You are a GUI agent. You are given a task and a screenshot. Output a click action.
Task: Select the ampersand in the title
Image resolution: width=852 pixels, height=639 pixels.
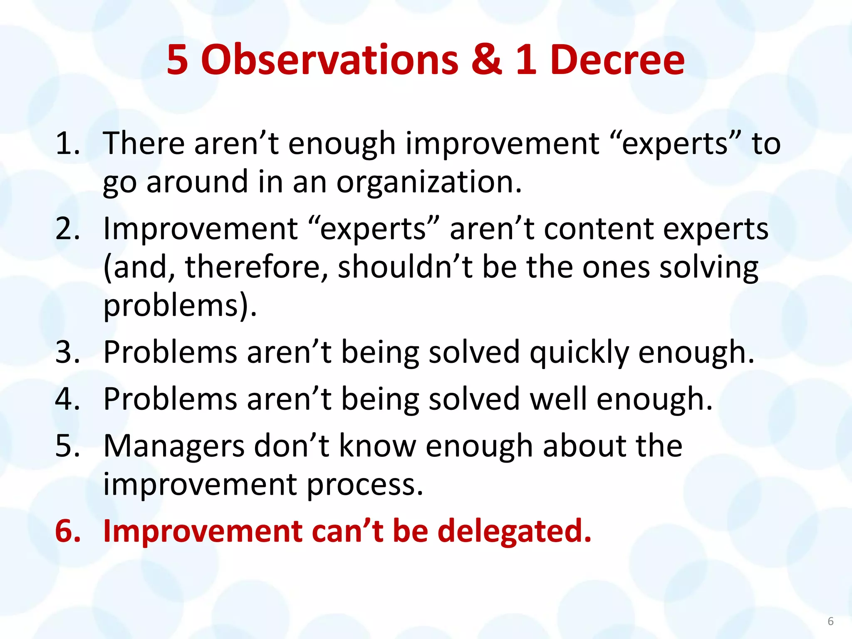click(x=487, y=60)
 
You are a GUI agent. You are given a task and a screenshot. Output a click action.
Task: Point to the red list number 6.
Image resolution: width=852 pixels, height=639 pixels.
click(x=68, y=531)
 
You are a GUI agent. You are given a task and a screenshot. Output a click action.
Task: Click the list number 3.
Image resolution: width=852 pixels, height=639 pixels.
click(x=67, y=352)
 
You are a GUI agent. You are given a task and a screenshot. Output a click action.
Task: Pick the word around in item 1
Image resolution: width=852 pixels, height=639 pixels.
click(x=197, y=182)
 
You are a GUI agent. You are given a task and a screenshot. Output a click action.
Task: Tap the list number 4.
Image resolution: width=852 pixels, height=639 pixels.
click(x=67, y=399)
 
